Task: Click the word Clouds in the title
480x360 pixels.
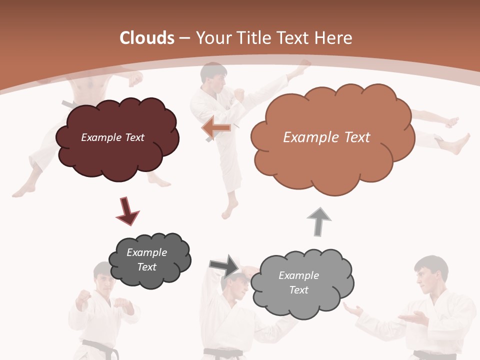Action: [x=147, y=37]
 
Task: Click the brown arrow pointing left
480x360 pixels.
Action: [x=216, y=127]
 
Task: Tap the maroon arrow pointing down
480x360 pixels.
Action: [x=126, y=210]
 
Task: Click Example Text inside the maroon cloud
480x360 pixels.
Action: [x=112, y=137]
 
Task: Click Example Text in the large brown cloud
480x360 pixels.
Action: [x=326, y=137]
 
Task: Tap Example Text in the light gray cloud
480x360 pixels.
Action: [x=298, y=282]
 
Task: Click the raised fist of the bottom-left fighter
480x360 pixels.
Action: [x=82, y=300]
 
